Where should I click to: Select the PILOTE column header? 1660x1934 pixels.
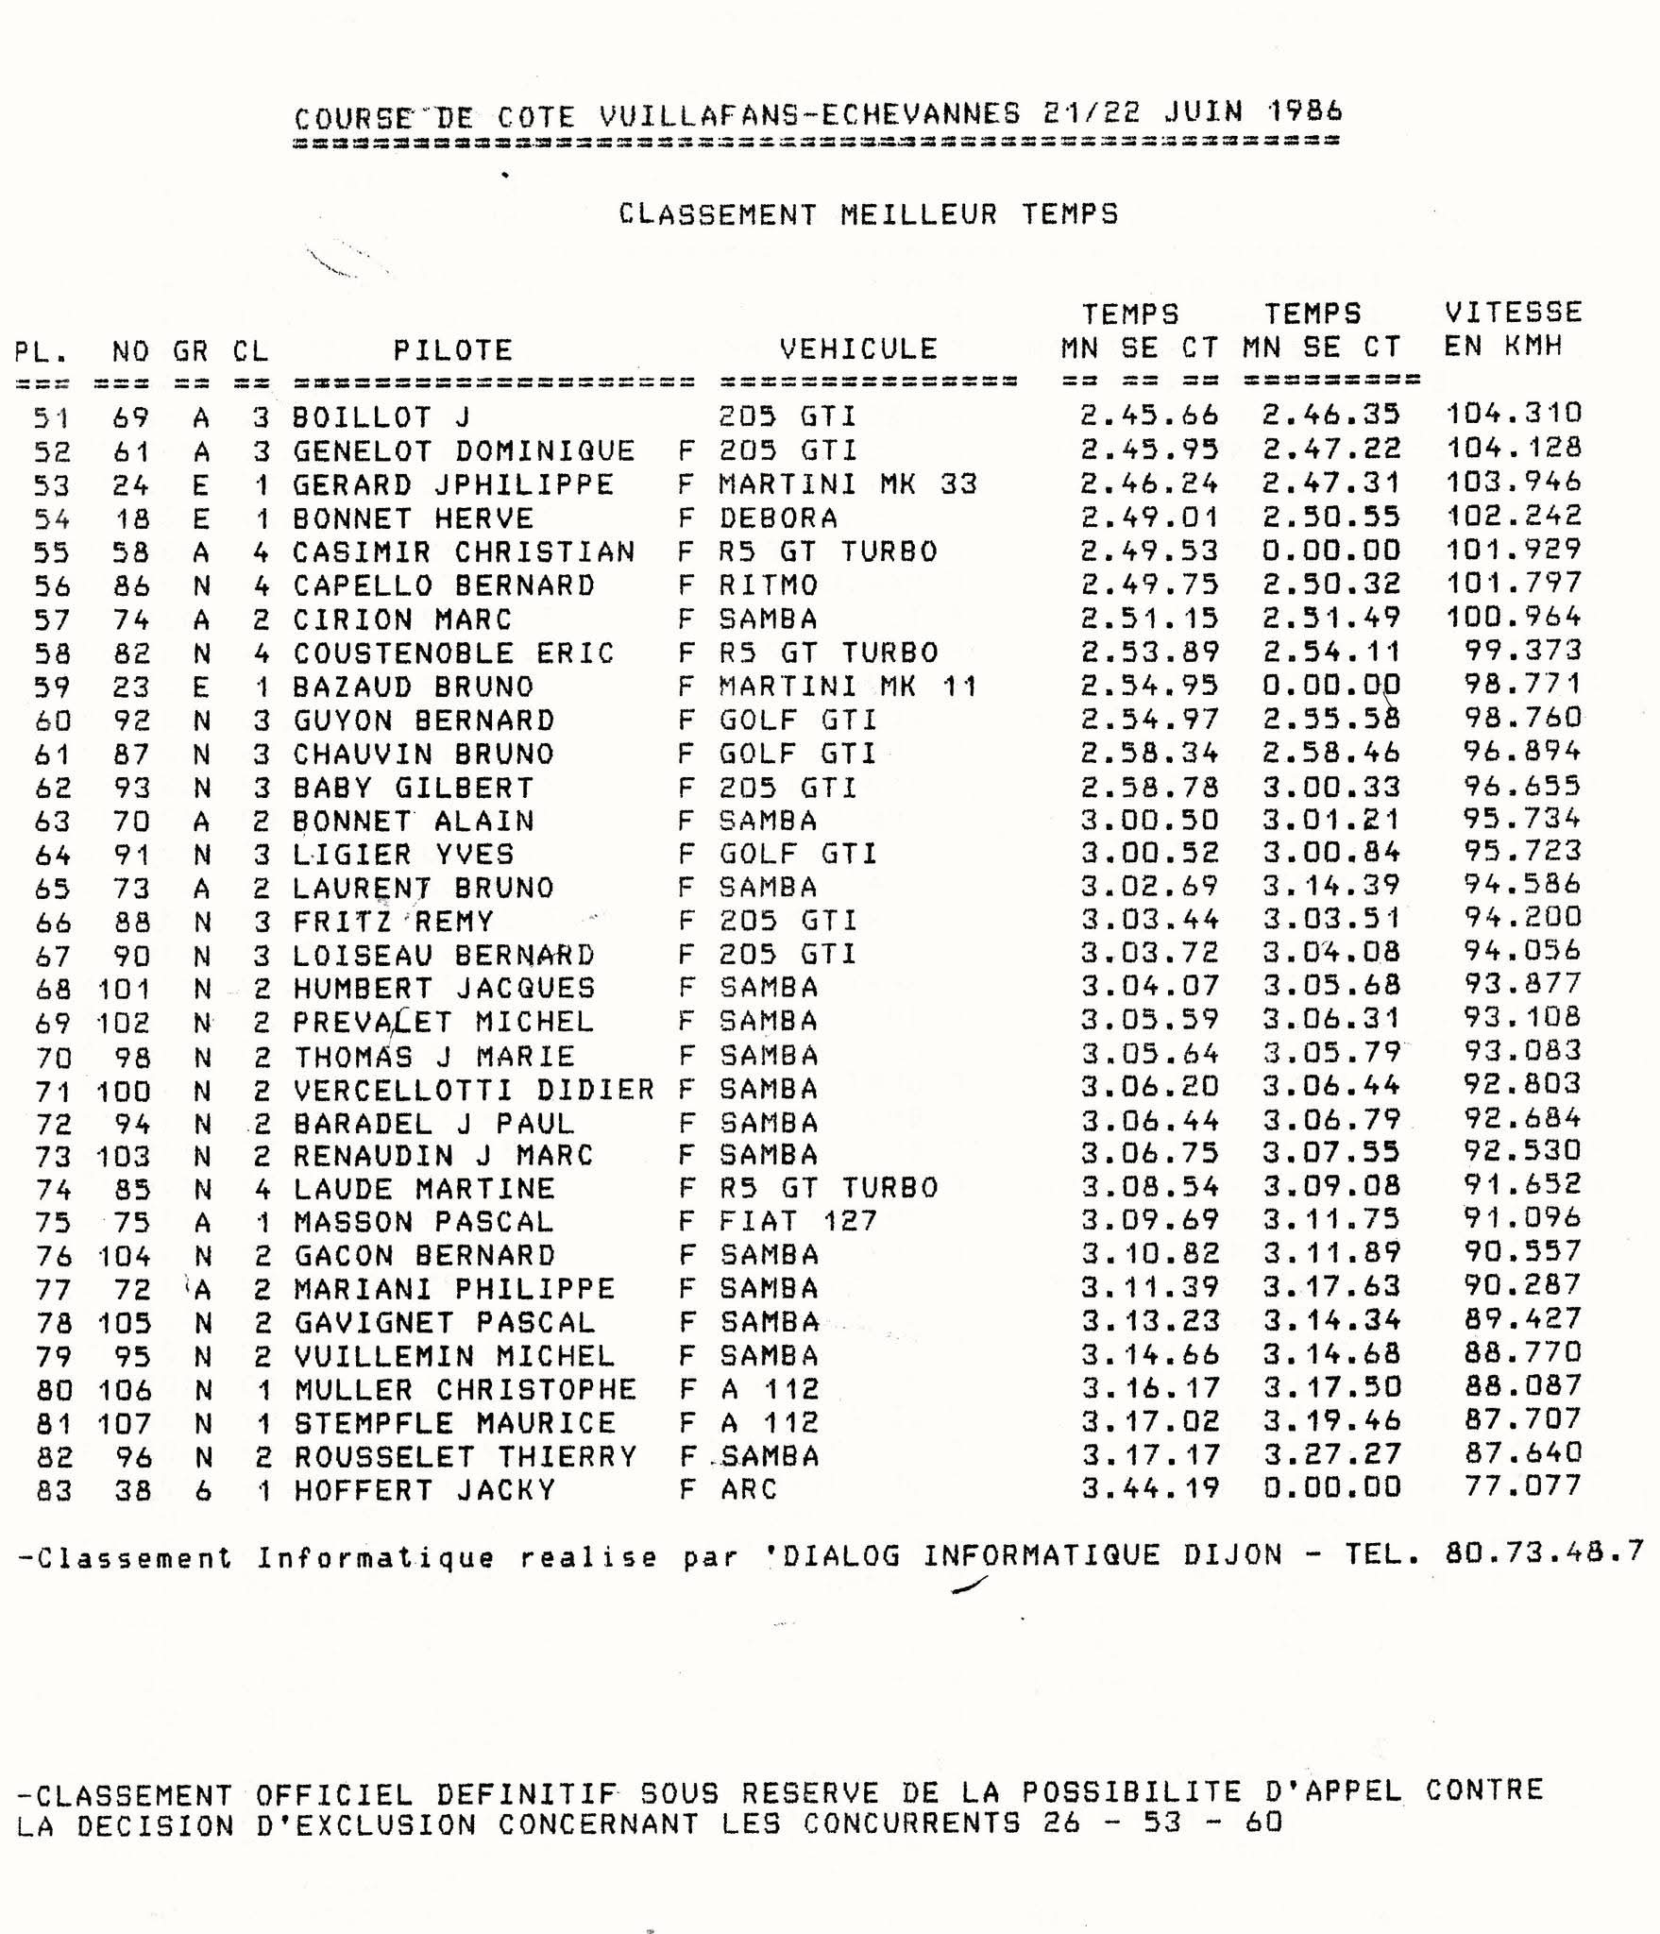pos(452,350)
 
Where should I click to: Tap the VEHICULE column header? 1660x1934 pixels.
pos(857,348)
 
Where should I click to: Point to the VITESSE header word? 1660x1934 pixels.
pos(1513,313)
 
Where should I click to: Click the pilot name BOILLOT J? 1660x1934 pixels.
pos(381,416)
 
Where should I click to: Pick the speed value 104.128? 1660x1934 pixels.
pos(1513,448)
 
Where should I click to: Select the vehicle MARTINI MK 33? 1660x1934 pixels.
pos(847,484)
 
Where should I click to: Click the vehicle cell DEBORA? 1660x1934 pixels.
pos(778,518)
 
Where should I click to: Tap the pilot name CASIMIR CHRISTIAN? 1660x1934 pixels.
pos(463,551)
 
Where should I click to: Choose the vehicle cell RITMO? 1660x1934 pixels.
pos(768,585)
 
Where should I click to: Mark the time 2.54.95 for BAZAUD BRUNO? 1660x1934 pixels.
pos(1149,686)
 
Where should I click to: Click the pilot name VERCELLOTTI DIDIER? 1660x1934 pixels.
pos(473,1090)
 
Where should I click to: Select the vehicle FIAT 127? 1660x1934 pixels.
pos(798,1222)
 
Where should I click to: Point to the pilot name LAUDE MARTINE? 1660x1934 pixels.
pos(424,1189)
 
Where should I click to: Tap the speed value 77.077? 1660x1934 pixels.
pos(1522,1486)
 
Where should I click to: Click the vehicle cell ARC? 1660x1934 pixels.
pos(748,1489)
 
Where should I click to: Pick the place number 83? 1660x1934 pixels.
pos(53,1491)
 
